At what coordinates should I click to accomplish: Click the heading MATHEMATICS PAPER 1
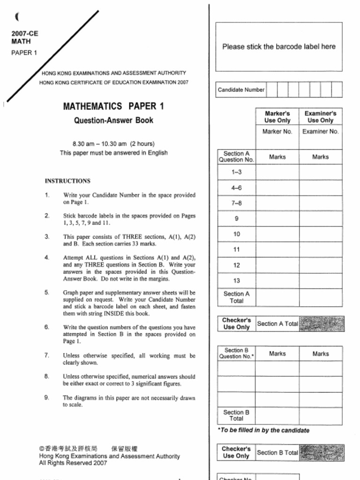(113, 106)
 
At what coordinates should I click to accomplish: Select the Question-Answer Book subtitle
(113, 120)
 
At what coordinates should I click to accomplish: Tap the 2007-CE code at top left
(25, 33)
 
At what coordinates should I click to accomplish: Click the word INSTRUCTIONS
(67, 181)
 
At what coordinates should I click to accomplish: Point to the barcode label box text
(278, 47)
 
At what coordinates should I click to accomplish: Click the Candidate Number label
(241, 90)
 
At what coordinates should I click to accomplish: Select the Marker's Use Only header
(277, 117)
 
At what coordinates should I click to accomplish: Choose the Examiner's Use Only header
(320, 117)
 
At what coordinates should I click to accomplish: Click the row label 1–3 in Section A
(236, 172)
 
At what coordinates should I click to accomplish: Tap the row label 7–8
(236, 203)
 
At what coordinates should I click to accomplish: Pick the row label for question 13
(236, 281)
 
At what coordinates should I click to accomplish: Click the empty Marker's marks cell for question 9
(277, 218)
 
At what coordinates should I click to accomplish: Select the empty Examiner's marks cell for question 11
(320, 249)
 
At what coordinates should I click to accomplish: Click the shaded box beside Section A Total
(322, 323)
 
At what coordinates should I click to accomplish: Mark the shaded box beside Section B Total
(322, 452)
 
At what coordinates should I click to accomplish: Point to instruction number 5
(47, 292)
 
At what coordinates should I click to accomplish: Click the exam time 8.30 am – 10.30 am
(113, 144)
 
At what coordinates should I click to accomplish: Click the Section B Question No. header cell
(236, 353)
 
